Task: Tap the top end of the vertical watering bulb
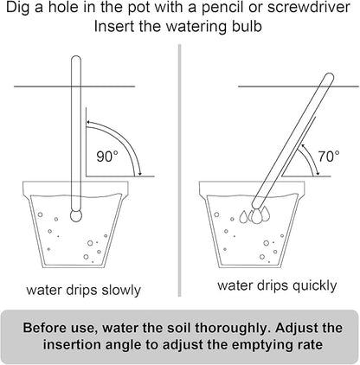coord(74,60)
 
